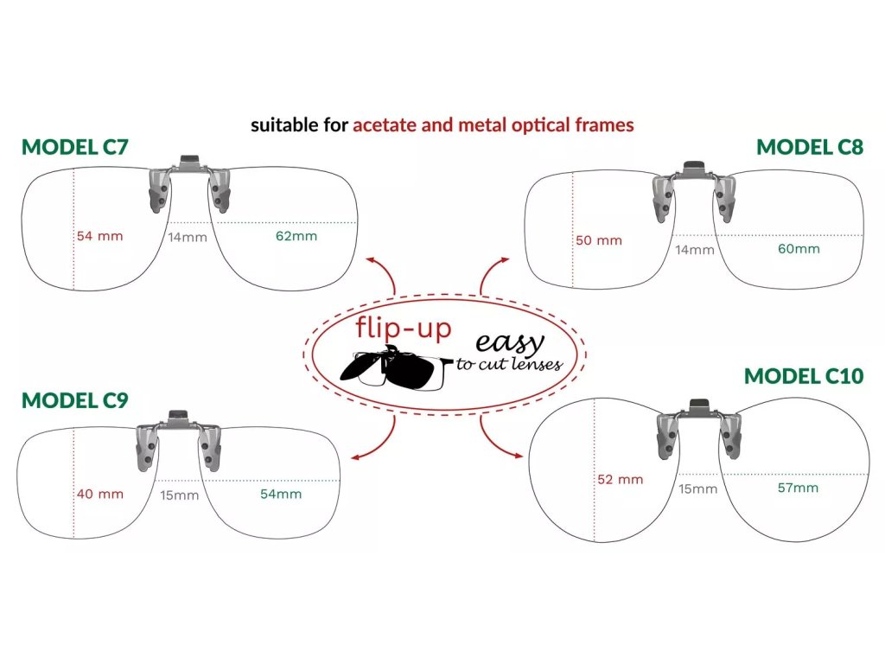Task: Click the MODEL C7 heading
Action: [75, 147]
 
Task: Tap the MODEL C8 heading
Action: [809, 147]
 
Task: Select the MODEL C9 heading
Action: [75, 400]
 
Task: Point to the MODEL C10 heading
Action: [804, 376]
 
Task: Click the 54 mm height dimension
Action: [100, 236]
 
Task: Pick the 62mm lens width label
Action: [296, 236]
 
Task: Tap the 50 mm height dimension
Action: [599, 240]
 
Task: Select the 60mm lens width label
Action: [799, 249]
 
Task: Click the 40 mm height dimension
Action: [100, 495]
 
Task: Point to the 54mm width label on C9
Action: [281, 494]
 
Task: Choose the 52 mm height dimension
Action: [620, 479]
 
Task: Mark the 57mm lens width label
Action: [798, 488]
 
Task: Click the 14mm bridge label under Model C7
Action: [188, 237]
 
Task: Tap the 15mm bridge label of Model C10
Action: [697, 489]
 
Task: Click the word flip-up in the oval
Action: [404, 329]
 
